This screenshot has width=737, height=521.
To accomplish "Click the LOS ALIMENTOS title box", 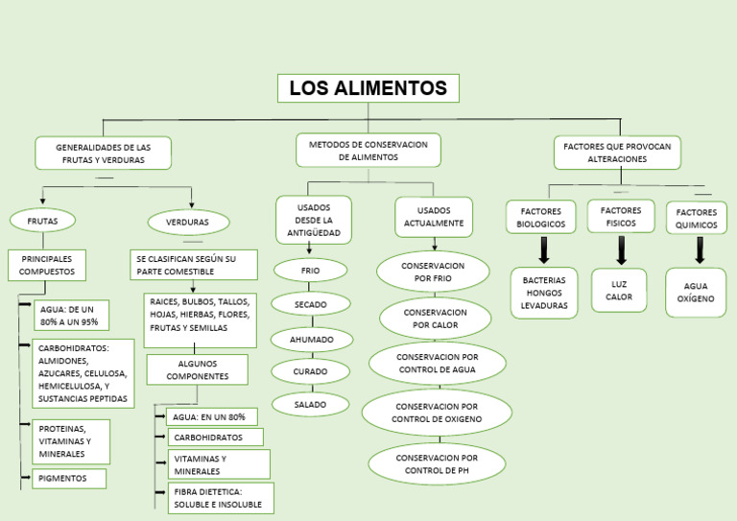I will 368,88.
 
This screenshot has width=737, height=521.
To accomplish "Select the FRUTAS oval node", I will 42,221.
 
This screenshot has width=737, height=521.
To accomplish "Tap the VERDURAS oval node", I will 188,222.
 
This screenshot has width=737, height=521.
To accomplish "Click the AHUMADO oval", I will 311,340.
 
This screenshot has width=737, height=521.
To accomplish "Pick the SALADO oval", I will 310,404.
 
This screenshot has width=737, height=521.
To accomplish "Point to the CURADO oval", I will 310,371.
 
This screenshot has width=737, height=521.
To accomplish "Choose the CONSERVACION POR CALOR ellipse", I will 436,319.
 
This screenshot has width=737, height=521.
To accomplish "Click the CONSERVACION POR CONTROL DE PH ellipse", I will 437,464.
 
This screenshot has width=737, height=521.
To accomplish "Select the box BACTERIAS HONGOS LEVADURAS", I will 544,293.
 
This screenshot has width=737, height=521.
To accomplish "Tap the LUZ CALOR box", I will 619,291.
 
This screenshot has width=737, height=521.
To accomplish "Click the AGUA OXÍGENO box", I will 696,293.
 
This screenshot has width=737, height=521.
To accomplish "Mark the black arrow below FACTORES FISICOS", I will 621,250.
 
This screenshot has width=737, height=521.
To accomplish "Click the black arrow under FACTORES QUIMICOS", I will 700,250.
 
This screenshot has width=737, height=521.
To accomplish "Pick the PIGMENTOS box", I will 69,478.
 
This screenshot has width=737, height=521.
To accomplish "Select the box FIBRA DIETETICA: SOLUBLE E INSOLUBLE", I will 220,498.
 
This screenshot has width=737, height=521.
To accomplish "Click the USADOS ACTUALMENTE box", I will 434,217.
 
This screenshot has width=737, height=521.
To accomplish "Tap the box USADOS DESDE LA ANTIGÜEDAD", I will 314,220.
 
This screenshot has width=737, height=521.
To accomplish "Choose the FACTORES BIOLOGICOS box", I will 541,217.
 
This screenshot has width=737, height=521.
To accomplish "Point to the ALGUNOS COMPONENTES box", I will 198,369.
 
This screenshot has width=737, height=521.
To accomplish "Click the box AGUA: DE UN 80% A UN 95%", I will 72,316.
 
